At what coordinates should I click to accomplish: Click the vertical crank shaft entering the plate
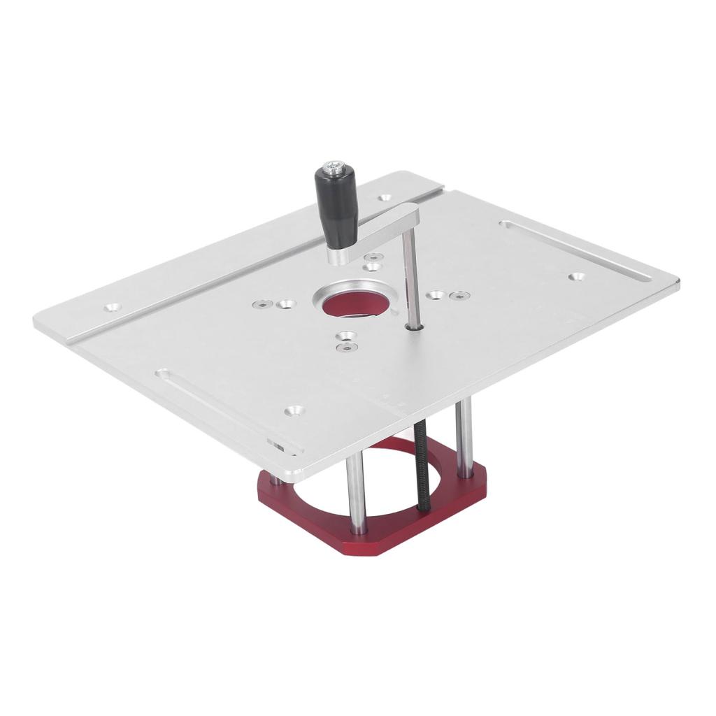(411, 280)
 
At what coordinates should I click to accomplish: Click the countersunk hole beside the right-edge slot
(576, 277)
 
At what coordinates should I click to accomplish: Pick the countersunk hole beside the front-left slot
(294, 410)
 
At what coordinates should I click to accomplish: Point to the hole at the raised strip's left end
(111, 307)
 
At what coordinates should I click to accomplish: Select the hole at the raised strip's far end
(384, 198)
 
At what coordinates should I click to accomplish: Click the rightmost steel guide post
(464, 437)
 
